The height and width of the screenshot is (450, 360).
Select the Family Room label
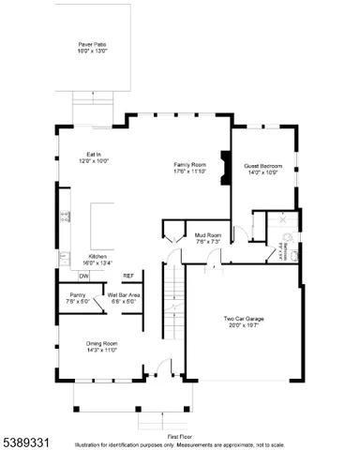[188, 165]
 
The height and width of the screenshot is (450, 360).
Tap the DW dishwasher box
[83, 276]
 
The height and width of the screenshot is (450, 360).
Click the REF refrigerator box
[127, 276]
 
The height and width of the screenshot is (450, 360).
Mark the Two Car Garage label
[243, 322]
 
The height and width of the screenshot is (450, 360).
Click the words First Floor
[180, 436]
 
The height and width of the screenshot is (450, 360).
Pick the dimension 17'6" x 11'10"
[188, 171]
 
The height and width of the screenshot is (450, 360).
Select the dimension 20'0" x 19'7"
[243, 327]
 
